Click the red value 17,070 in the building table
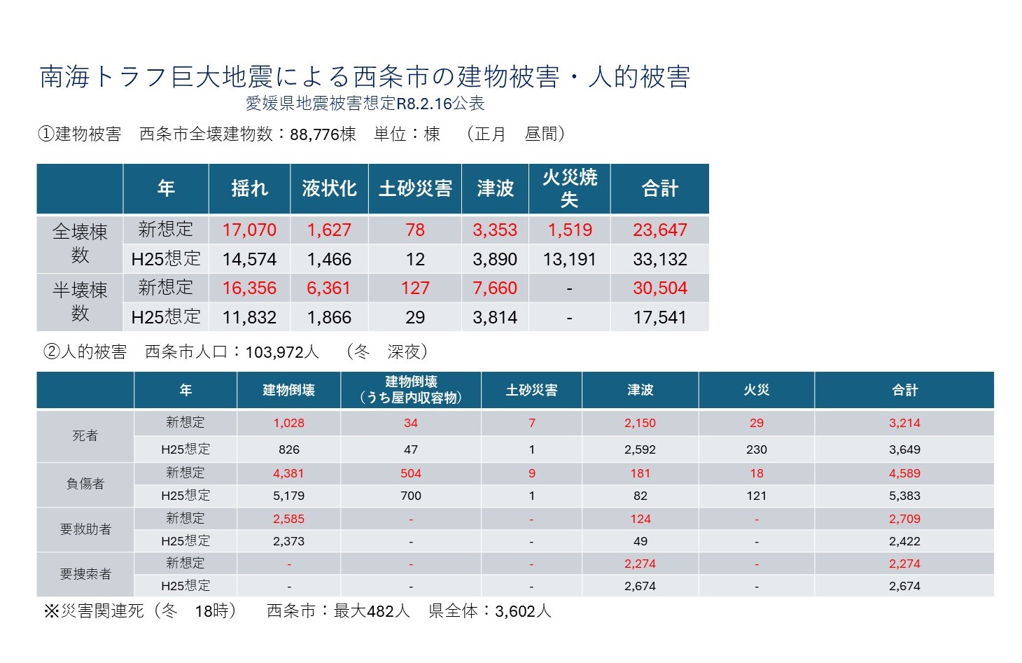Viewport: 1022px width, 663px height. (249, 230)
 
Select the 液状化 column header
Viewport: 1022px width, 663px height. (329, 188)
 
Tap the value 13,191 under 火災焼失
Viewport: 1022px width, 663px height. (569, 259)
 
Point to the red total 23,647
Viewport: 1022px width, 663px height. (659, 230)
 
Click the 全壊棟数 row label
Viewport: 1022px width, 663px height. (80, 243)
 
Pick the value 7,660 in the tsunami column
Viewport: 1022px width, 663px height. (495, 288)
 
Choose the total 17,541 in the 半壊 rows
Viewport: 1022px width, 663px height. (659, 317)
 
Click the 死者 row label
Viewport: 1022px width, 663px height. (85, 435)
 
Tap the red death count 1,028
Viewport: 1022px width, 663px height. (289, 423)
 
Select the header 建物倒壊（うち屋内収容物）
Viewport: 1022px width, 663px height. (411, 390)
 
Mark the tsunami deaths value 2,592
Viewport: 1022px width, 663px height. (640, 449)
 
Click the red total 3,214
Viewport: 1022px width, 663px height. (904, 423)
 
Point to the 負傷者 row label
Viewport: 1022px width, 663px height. (85, 484)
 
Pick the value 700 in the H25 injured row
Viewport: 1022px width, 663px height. (411, 496)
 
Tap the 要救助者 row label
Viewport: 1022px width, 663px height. (85, 529)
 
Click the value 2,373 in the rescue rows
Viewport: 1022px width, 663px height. (289, 541)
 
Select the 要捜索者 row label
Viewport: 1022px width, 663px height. (85, 574)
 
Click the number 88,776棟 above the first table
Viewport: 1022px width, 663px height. (323, 134)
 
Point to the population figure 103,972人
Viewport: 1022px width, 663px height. (282, 352)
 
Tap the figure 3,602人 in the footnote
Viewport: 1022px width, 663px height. (524, 611)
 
